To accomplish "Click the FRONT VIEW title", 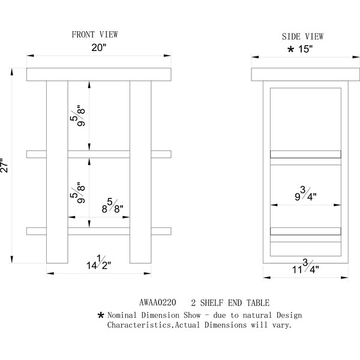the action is point(95,35).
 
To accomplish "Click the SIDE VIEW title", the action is point(302,37).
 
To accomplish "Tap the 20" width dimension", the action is point(99,47).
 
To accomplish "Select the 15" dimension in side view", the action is point(305,49).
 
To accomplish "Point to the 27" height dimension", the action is point(4,166).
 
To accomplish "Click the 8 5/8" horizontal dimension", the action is point(113,206).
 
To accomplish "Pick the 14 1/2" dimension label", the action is point(99,262).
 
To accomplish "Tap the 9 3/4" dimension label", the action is point(305,194).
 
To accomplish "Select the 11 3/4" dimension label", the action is point(305,266).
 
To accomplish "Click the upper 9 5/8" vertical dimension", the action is point(77,116).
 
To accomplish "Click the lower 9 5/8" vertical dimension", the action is point(77,193).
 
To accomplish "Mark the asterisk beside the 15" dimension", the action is point(290,49).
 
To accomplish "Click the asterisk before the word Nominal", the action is point(101,315).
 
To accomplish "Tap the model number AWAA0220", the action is point(158,302).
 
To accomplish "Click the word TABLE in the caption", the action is point(258,303).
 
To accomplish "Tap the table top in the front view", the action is point(99,74).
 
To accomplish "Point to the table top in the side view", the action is point(305,74).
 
